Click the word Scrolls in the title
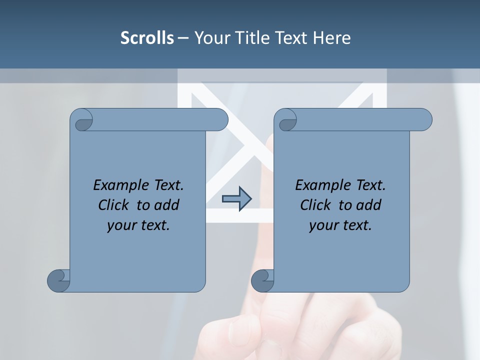click(147, 38)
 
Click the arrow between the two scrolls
click(236, 199)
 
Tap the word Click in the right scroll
click(316, 205)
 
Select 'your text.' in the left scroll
click(138, 225)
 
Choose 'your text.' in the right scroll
click(340, 225)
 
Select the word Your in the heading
click(212, 38)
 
